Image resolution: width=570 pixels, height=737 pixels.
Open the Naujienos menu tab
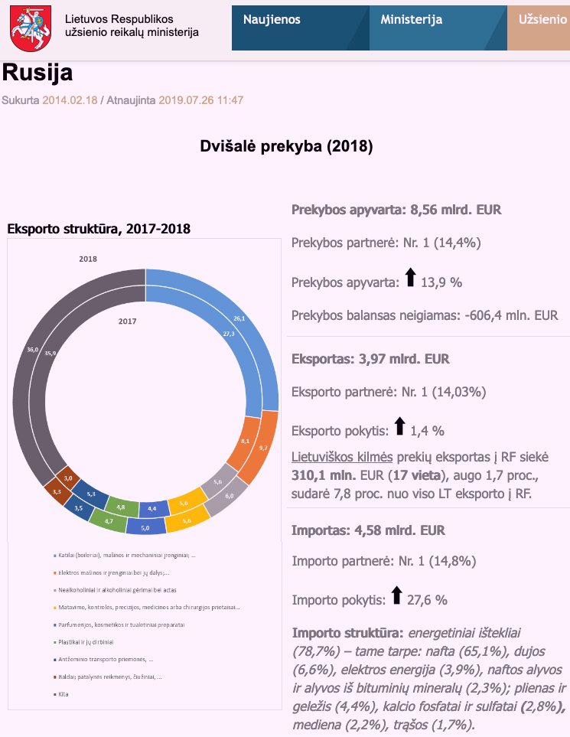pyautogui.click(x=272, y=20)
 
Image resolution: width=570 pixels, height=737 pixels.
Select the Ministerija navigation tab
pyautogui.click(x=411, y=20)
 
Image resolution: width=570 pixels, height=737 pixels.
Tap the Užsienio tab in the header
pyautogui.click(x=542, y=20)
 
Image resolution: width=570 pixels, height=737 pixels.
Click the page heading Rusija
pyautogui.click(x=37, y=73)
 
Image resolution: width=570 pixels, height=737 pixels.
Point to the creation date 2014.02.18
pyautogui.click(x=70, y=99)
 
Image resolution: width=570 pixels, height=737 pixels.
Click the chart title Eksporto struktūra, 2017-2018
pyautogui.click(x=99, y=228)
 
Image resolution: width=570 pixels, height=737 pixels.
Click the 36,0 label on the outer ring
pyautogui.click(x=33, y=349)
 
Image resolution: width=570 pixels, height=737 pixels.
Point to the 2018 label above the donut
pyautogui.click(x=88, y=259)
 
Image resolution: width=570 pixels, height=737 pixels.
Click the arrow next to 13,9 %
pyautogui.click(x=410, y=279)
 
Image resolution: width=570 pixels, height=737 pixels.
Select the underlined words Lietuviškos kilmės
pyautogui.click(x=341, y=457)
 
